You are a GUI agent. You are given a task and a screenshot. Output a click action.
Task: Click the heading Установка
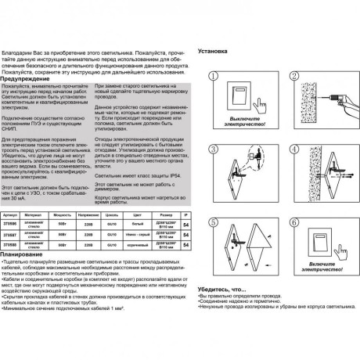coord(216,46)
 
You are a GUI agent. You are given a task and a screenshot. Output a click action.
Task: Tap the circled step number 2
coord(293,74)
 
